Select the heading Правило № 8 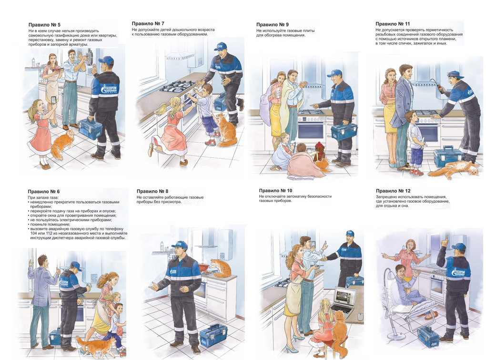tap(152, 191)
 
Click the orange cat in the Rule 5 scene tap(63, 143)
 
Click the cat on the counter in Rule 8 tap(221, 268)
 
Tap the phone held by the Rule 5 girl tap(54, 100)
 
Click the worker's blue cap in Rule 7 tap(220, 46)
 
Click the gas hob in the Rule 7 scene tap(179, 86)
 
